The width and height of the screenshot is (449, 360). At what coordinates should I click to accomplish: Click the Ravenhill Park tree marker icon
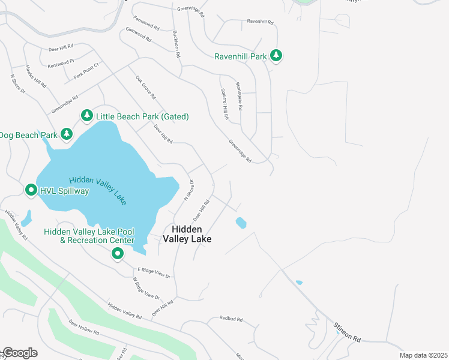pos(276,56)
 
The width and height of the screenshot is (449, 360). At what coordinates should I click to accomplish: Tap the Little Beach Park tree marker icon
pos(86,115)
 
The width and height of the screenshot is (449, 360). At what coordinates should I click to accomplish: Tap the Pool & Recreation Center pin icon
pos(118,254)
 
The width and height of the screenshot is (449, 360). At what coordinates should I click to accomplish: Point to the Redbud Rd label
pos(231,319)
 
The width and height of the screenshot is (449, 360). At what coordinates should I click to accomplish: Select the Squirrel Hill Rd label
pos(221,105)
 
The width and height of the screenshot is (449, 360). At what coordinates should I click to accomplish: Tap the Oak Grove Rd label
pos(145,87)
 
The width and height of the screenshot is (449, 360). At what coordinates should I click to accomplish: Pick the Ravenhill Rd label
pos(260,22)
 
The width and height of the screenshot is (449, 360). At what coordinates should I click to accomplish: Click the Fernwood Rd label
pos(146,23)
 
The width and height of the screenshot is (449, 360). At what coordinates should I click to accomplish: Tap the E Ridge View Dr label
pos(154,273)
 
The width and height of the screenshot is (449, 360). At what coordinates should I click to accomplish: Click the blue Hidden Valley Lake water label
pos(98,191)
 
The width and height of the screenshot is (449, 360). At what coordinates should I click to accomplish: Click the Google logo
pos(19,352)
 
